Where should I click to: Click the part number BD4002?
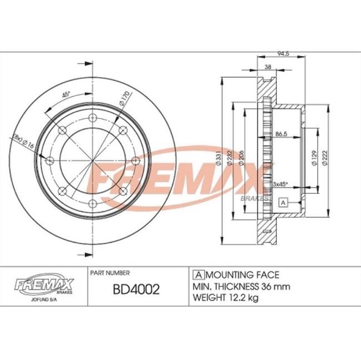[x=136, y=289]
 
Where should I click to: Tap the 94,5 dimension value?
[x=283, y=54]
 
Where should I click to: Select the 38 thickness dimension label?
[x=268, y=67]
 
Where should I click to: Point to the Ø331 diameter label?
[x=219, y=158]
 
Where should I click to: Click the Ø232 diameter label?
[x=229, y=158]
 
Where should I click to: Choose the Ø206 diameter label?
[x=241, y=158]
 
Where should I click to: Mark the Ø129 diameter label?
[x=314, y=158]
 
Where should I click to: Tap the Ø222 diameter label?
[x=325, y=158]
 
